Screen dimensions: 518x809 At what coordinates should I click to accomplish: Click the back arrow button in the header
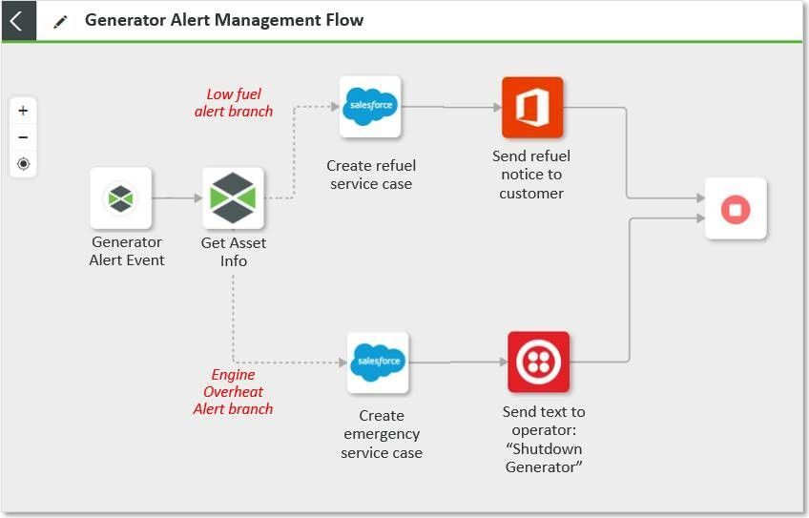point(17,20)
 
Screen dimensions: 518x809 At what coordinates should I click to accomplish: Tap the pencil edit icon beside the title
point(60,21)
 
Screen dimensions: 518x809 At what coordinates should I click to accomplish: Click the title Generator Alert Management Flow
point(223,20)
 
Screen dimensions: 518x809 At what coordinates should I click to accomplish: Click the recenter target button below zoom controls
point(23,164)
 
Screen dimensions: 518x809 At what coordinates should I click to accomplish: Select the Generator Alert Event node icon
point(121,198)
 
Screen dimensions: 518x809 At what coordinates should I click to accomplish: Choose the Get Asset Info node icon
point(233,198)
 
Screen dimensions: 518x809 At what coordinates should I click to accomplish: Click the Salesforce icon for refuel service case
point(370,107)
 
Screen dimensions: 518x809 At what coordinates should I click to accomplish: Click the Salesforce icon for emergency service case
point(378,363)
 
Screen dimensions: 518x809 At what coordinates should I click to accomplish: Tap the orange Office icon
point(532,107)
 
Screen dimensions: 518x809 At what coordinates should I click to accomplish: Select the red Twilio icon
point(538,363)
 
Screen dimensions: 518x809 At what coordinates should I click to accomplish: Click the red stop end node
point(735,208)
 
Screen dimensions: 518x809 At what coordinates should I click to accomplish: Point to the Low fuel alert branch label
point(234,103)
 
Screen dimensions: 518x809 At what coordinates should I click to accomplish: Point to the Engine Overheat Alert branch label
point(234,391)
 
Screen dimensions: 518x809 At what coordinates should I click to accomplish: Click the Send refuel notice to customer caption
point(531,175)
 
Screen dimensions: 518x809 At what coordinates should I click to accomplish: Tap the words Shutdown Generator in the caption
point(544,458)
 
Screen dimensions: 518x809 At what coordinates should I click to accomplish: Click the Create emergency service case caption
point(382,434)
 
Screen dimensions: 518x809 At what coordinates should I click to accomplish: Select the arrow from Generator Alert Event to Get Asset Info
point(176,198)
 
